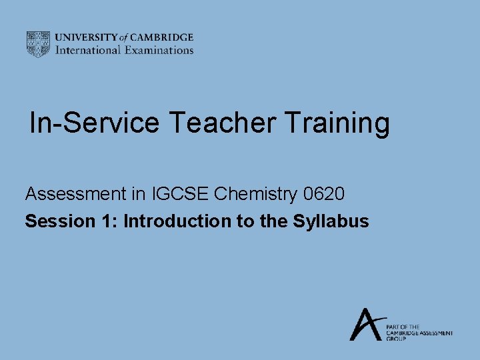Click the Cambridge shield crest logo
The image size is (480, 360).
coord(38,44)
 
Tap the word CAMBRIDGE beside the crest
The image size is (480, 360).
coord(162,38)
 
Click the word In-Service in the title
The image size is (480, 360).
coord(95,123)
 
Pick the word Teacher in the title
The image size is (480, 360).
coord(222,123)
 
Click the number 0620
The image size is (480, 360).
coord(324,195)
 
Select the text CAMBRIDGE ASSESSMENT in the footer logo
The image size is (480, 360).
coord(419,333)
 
